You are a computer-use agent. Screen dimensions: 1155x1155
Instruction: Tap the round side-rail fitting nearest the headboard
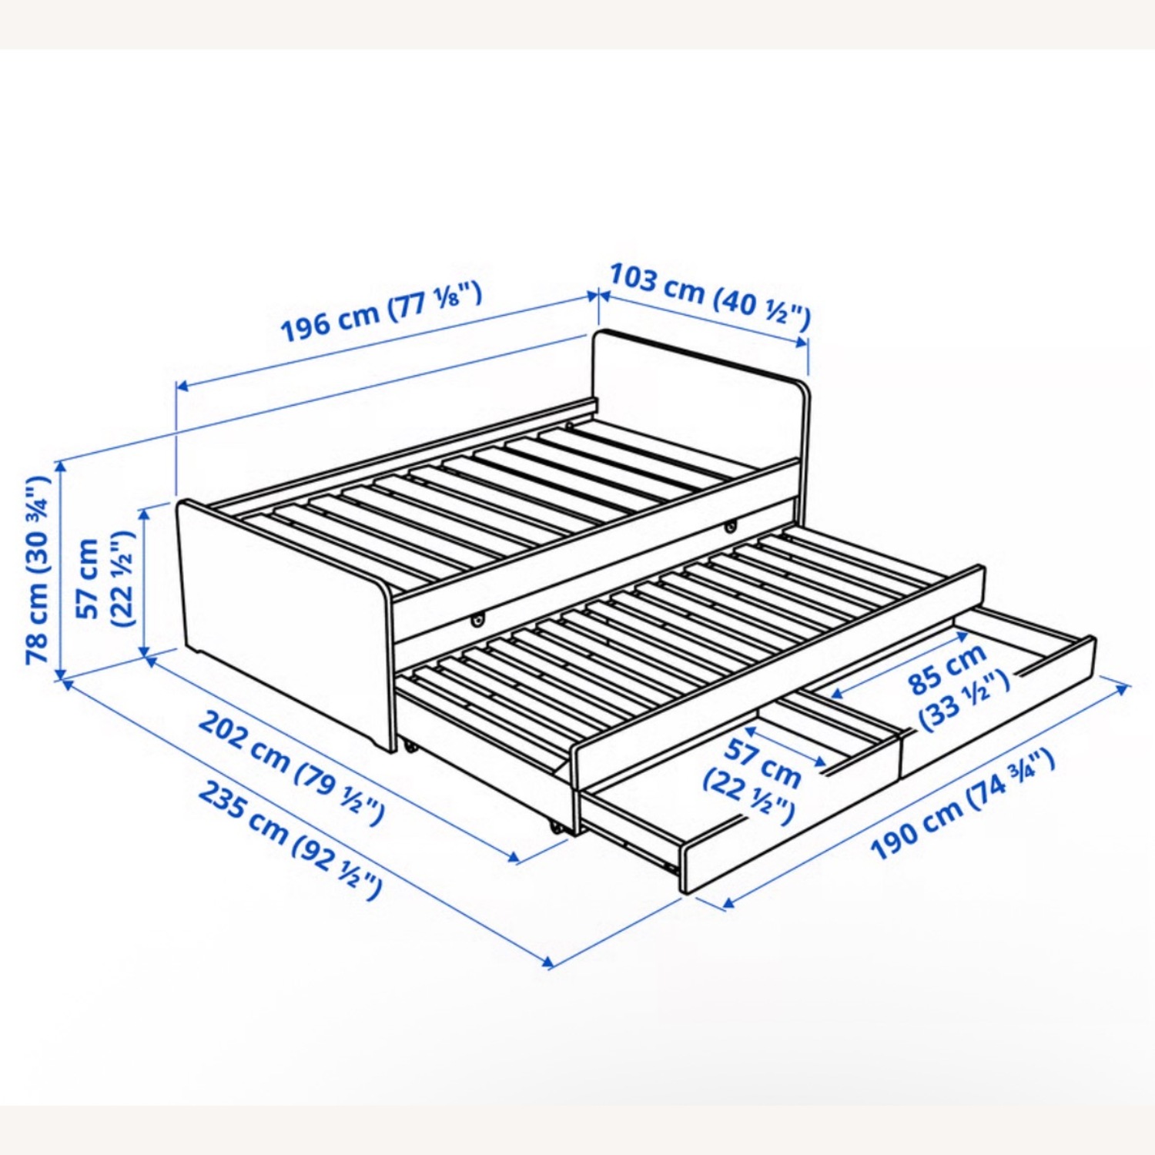[729, 527]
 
